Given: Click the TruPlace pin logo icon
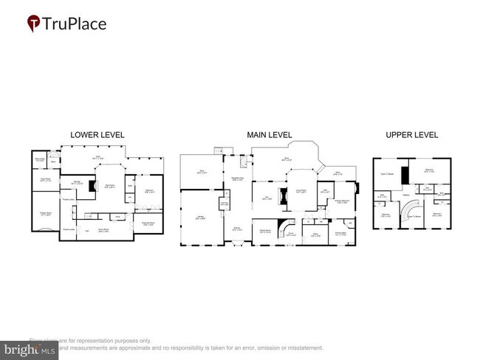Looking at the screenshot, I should pyautogui.click(x=33, y=24).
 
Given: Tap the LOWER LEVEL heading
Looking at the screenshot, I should pyautogui.click(x=97, y=135).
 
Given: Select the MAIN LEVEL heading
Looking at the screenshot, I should pyautogui.click(x=270, y=135).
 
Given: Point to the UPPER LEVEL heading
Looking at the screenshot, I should pyautogui.click(x=411, y=135).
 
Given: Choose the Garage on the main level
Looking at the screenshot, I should pyautogui.click(x=199, y=217).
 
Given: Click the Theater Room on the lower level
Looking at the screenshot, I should pyautogui.click(x=45, y=215).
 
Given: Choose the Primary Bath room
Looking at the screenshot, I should pyautogui.click(x=340, y=235).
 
